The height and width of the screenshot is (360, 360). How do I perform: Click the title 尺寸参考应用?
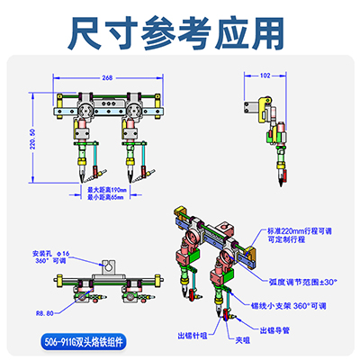click(x=179, y=31)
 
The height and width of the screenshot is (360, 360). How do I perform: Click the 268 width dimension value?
click(x=106, y=77)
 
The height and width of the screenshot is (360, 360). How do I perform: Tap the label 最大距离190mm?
click(x=106, y=191)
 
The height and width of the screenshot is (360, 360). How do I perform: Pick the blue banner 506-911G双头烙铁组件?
click(x=85, y=341)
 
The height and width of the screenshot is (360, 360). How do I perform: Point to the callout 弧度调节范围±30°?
click(x=301, y=281)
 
